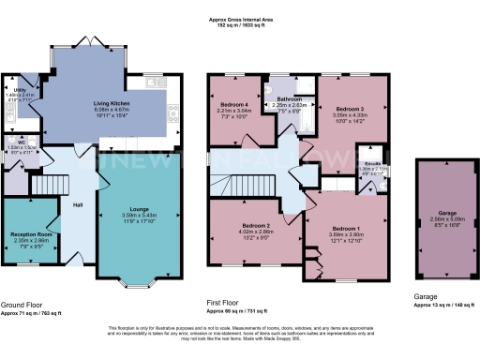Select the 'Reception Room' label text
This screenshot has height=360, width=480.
pos(31,233)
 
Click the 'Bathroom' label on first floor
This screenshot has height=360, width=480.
pos(289,98)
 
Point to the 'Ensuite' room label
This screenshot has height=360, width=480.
pos(378,163)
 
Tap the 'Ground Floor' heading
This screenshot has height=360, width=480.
pos(22,304)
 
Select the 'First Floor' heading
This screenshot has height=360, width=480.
pos(226,304)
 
